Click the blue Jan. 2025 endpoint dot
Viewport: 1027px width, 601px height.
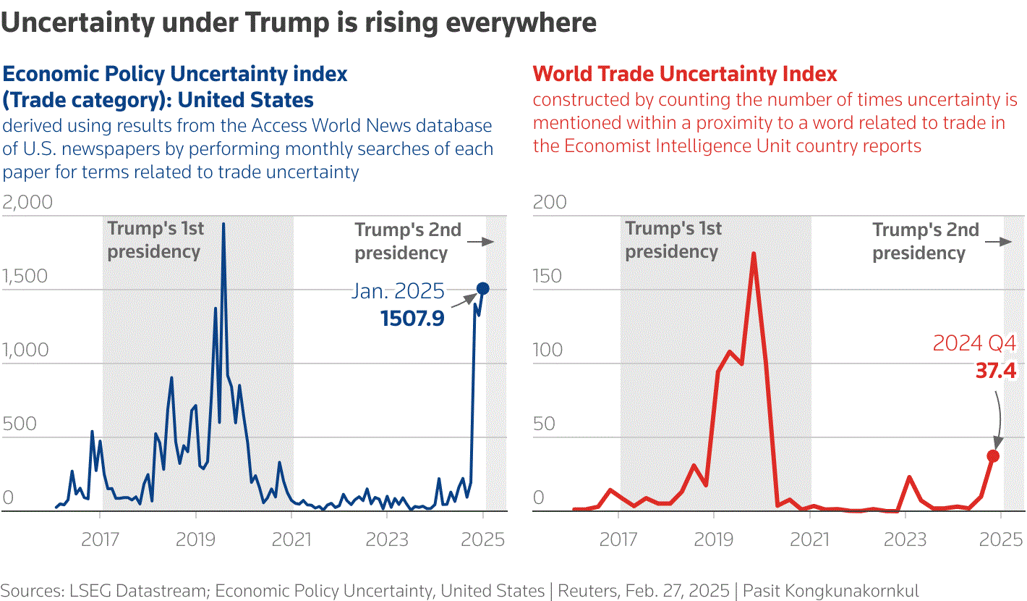coord(483,289)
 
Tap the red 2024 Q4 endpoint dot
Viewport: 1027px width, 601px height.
coord(993,456)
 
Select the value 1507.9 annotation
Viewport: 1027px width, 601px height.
coord(412,318)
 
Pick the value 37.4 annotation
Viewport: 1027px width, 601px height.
coord(996,371)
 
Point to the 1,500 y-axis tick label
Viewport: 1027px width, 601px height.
coord(25,277)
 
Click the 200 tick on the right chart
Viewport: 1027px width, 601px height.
coord(549,202)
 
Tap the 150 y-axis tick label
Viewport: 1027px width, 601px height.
coord(547,277)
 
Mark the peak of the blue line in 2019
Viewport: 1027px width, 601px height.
coord(223,224)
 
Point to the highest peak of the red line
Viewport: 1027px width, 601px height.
coord(754,254)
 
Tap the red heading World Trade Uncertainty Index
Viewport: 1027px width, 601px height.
coord(685,73)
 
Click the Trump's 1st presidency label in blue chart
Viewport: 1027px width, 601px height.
coord(155,240)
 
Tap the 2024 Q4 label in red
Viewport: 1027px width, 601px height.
coord(974,343)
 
